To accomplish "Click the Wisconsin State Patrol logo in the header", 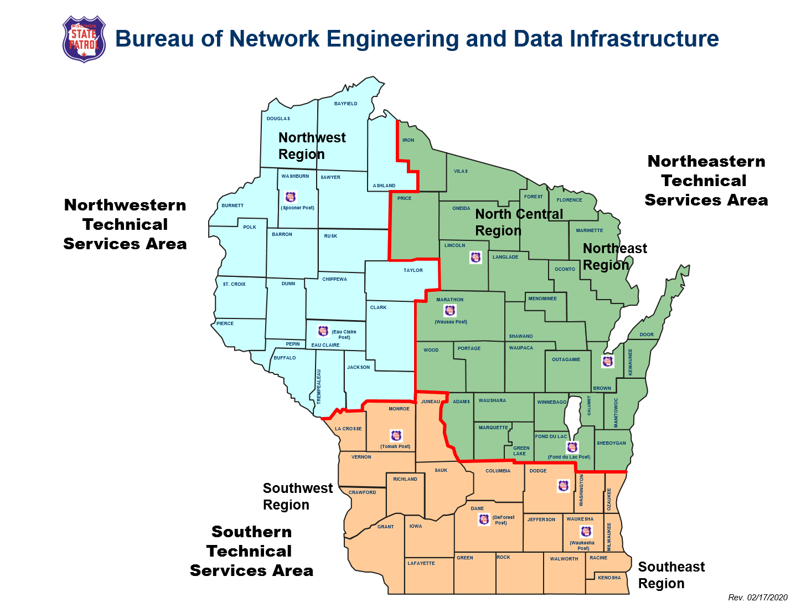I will click(84, 39).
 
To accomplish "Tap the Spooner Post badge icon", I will click(291, 197).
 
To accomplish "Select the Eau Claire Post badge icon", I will click(323, 331).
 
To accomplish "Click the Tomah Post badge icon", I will click(396, 436).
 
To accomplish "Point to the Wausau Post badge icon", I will click(450, 311).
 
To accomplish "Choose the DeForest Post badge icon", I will click(484, 519).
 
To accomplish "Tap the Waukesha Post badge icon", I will click(586, 532).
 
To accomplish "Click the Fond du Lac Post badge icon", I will click(572, 447).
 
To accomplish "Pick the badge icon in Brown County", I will click(608, 362).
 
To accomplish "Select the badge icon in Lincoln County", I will click(475, 257).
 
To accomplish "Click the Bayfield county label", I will click(346, 104).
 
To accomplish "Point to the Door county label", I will click(647, 335).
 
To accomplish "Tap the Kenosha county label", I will click(609, 578).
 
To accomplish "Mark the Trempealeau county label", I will click(319, 386).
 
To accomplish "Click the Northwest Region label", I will click(312, 146).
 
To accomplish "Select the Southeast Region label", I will click(671, 575).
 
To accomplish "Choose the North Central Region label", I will click(519, 222).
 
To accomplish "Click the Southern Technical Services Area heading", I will click(251, 551).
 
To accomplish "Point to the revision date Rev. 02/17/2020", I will click(757, 597).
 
